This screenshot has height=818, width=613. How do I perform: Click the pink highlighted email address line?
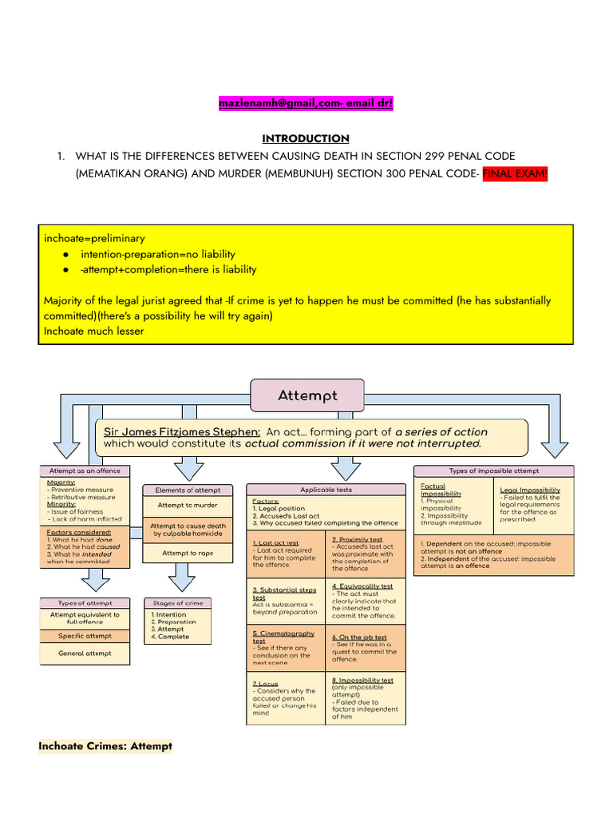(306, 104)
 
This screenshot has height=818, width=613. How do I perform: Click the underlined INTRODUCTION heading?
(306, 138)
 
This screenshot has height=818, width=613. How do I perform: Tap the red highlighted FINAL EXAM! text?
(515, 175)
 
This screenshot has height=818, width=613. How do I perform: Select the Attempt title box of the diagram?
(307, 395)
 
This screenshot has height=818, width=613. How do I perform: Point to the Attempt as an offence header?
(85, 471)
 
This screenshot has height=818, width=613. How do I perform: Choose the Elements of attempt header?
(177, 490)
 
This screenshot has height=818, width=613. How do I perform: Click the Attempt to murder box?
(177, 505)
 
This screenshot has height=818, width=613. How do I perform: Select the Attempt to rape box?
(177, 553)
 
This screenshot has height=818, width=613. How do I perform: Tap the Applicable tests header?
(326, 489)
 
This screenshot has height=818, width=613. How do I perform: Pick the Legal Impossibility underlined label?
(530, 490)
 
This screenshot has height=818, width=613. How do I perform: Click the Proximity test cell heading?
(357, 540)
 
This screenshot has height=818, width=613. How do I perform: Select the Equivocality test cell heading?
(362, 586)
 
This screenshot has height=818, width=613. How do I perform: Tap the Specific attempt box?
(85, 636)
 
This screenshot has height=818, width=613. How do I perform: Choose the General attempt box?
(85, 653)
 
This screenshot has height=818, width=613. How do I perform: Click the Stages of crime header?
(177, 602)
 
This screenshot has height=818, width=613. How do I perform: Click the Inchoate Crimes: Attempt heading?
(105, 746)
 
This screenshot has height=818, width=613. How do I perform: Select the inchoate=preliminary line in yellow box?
(94, 238)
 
